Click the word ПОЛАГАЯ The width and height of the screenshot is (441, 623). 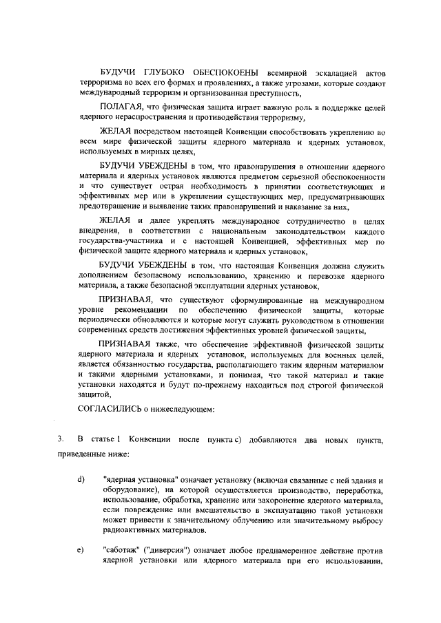pyautogui.click(x=121, y=107)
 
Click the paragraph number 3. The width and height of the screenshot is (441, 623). pyautogui.click(x=61, y=439)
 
